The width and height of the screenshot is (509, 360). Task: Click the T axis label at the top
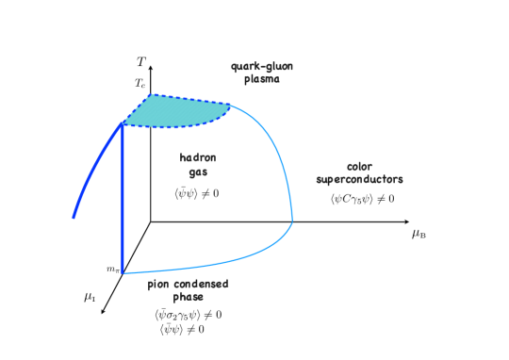pyautogui.click(x=141, y=62)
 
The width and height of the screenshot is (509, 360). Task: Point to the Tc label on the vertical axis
pyautogui.click(x=140, y=83)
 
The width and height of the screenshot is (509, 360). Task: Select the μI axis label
pyautogui.click(x=90, y=297)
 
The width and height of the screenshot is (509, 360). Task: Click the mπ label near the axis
pyautogui.click(x=112, y=270)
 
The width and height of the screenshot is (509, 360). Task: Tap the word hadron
pyautogui.click(x=197, y=157)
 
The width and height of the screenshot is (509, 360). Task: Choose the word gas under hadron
pyautogui.click(x=197, y=172)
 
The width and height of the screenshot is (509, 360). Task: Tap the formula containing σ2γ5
pyautogui.click(x=188, y=315)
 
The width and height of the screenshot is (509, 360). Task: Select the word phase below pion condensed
pyautogui.click(x=188, y=297)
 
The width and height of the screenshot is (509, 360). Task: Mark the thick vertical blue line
pyautogui.click(x=123, y=198)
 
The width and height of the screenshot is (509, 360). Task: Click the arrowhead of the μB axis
pyautogui.click(x=405, y=222)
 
